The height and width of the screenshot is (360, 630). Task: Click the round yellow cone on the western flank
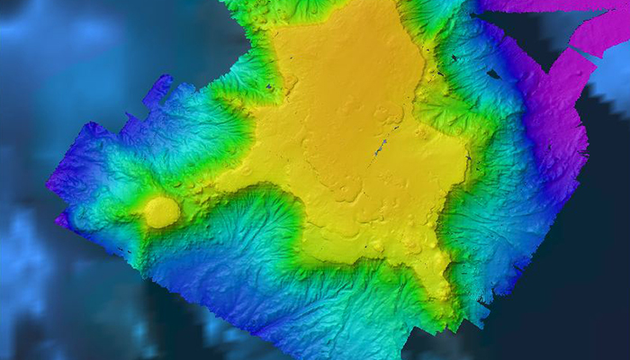click(162, 212)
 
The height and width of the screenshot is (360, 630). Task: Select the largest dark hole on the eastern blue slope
click(493, 74)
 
